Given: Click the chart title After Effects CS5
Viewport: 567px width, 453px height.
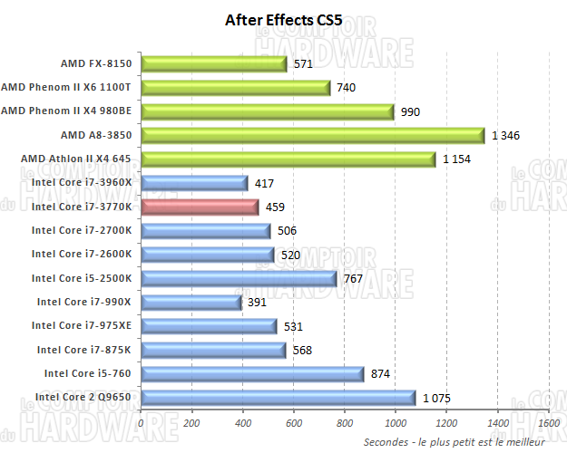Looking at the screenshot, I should pos(284,20).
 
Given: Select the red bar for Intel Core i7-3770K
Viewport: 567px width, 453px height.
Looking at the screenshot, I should pos(200,207).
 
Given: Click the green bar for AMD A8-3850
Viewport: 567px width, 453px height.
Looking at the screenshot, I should pos(313,135).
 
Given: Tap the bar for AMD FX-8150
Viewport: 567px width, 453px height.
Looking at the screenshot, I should pos(214,63).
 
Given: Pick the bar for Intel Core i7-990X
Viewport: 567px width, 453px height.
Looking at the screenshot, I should pos(191,302).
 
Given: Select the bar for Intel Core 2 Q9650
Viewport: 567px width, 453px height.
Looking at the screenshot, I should pos(279,397).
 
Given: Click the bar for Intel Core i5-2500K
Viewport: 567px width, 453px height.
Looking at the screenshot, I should pos(239,278).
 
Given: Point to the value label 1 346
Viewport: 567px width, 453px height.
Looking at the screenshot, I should pos(506,136).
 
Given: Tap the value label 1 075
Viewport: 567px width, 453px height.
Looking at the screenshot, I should pos(436,398).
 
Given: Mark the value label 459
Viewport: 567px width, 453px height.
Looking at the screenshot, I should pos(276,207).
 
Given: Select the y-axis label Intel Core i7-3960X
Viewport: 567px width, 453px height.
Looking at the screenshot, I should pos(83,183).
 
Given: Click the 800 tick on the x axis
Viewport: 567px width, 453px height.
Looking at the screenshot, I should pos(345,422).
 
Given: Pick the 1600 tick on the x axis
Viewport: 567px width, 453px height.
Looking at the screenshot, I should pos(548,422).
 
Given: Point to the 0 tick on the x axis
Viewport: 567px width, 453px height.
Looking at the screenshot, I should pos(141,422).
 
